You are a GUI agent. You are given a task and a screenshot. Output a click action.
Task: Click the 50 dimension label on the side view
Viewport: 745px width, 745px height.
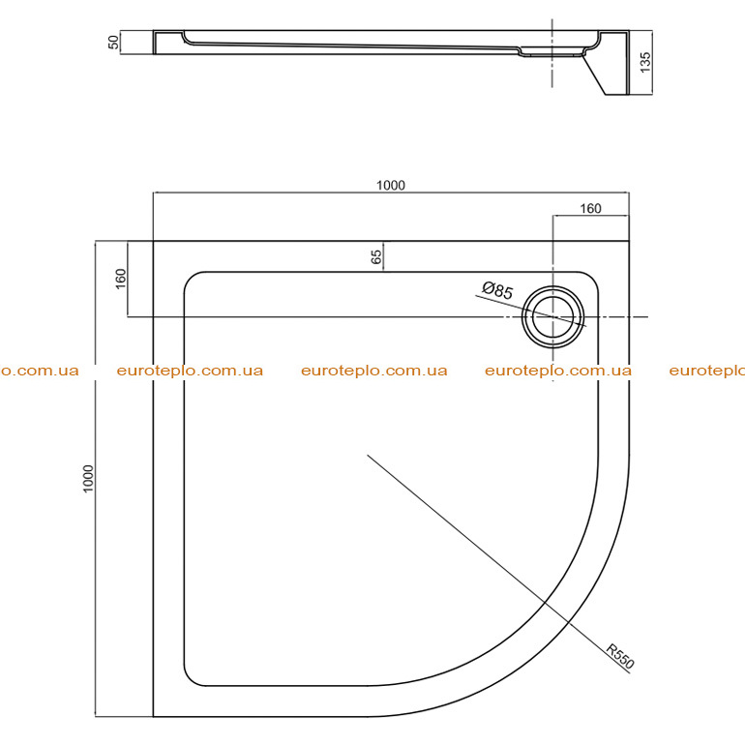[113, 43]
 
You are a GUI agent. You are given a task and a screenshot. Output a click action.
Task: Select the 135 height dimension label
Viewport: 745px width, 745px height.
[644, 62]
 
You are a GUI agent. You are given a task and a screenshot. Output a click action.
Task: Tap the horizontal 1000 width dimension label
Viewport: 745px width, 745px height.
[391, 186]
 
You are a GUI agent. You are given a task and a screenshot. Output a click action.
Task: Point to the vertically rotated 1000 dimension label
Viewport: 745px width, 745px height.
[88, 479]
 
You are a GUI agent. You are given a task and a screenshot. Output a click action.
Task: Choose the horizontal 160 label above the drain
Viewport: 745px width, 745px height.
[590, 209]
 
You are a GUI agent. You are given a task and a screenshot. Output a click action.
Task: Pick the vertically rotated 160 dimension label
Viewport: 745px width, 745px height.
[121, 279]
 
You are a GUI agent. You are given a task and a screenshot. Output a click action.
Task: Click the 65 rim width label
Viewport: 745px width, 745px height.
[375, 257]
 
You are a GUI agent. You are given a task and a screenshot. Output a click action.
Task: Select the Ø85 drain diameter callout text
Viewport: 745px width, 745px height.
[497, 290]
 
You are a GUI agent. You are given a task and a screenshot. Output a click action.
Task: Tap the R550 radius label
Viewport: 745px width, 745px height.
[620, 656]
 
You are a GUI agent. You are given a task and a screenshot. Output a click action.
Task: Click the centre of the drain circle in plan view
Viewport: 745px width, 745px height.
[552, 316]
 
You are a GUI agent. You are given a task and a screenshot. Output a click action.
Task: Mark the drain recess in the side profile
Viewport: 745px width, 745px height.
[552, 51]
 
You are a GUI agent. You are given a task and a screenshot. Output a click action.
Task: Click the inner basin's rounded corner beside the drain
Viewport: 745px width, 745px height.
[591, 279]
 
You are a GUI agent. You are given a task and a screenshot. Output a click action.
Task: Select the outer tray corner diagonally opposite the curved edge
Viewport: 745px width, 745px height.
[153, 241]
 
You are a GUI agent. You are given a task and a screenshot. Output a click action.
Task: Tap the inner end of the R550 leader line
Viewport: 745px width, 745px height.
[368, 455]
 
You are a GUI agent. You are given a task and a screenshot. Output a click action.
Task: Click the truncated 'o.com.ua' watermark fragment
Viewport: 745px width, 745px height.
[40, 371]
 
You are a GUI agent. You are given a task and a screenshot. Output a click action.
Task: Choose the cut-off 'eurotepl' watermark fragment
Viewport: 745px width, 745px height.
[707, 371]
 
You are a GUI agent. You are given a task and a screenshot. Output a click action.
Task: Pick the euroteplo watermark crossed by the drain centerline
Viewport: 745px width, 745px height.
[558, 371]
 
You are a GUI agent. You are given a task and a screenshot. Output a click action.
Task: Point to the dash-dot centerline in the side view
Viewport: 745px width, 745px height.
[552, 53]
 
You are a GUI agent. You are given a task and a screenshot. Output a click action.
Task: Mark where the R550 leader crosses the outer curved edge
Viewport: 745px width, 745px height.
[569, 621]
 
